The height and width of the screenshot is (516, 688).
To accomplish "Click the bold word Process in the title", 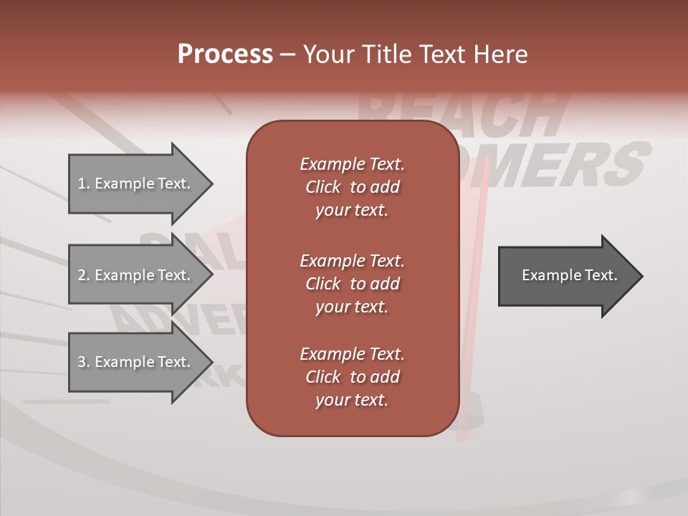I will [225, 54].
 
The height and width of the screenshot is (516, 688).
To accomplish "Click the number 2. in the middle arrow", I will [84, 275].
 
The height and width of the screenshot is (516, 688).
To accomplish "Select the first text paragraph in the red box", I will [352, 187].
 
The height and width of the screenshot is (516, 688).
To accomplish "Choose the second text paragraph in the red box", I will [352, 283].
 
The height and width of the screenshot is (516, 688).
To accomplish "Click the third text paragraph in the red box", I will [352, 377].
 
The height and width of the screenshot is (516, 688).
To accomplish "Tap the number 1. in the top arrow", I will [84, 183].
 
